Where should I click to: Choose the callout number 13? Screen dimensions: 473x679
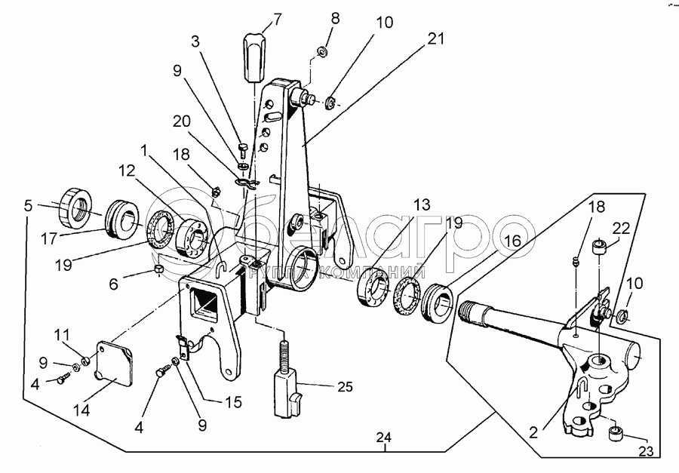click(421, 204)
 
